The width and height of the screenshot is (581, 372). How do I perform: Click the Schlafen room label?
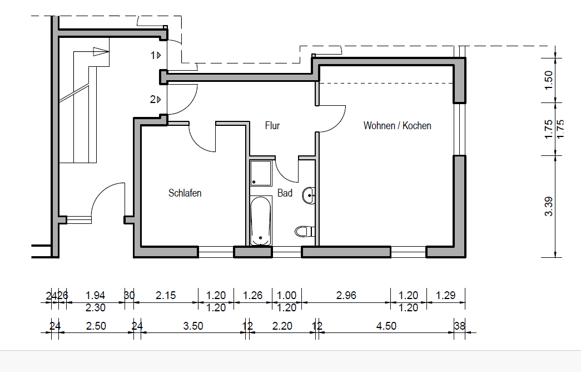coord(185,193)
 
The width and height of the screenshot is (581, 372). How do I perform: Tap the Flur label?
coord(272,125)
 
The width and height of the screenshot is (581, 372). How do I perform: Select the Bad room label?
coord(285,193)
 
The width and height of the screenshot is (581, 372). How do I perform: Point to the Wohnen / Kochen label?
coord(397,125)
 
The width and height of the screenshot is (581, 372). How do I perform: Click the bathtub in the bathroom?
coord(261,221)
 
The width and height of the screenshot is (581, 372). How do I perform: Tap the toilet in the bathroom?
coord(305,232)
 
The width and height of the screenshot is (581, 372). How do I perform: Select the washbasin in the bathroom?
coord(309,195)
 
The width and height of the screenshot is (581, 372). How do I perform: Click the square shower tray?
coord(261,173)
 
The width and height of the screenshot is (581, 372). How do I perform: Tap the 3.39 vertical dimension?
coord(549,207)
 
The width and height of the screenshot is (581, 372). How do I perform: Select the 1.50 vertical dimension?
coord(549,80)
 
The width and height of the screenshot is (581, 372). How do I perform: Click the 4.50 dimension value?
coord(386,326)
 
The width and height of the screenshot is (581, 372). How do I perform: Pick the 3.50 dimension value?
coord(193,326)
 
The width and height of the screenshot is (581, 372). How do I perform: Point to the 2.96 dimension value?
coord(346,296)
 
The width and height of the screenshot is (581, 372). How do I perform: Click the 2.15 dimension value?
coord(166,296)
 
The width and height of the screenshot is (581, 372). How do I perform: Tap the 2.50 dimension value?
coord(96,326)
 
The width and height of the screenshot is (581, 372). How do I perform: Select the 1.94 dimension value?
coord(95,296)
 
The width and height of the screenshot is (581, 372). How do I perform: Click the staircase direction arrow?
coord(101,52)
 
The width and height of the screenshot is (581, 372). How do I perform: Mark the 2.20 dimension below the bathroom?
coord(282,326)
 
